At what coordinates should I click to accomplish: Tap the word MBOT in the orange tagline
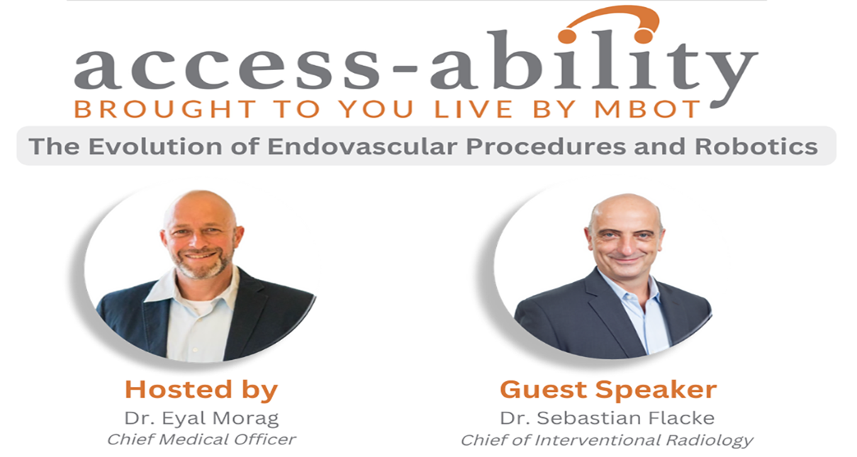coord(647,109)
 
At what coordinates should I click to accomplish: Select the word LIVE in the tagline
coord(474,109)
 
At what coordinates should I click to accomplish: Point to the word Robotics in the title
coord(756,147)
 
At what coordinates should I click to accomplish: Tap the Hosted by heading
coord(201,390)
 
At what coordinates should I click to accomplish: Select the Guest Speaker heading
coord(608,390)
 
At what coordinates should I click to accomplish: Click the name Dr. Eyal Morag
coord(201,418)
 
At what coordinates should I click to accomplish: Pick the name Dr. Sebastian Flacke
coord(607,418)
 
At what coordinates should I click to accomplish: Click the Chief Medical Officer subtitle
coord(201,440)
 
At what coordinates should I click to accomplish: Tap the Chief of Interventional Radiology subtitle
coord(607,441)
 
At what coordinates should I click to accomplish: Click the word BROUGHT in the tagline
coord(165,109)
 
